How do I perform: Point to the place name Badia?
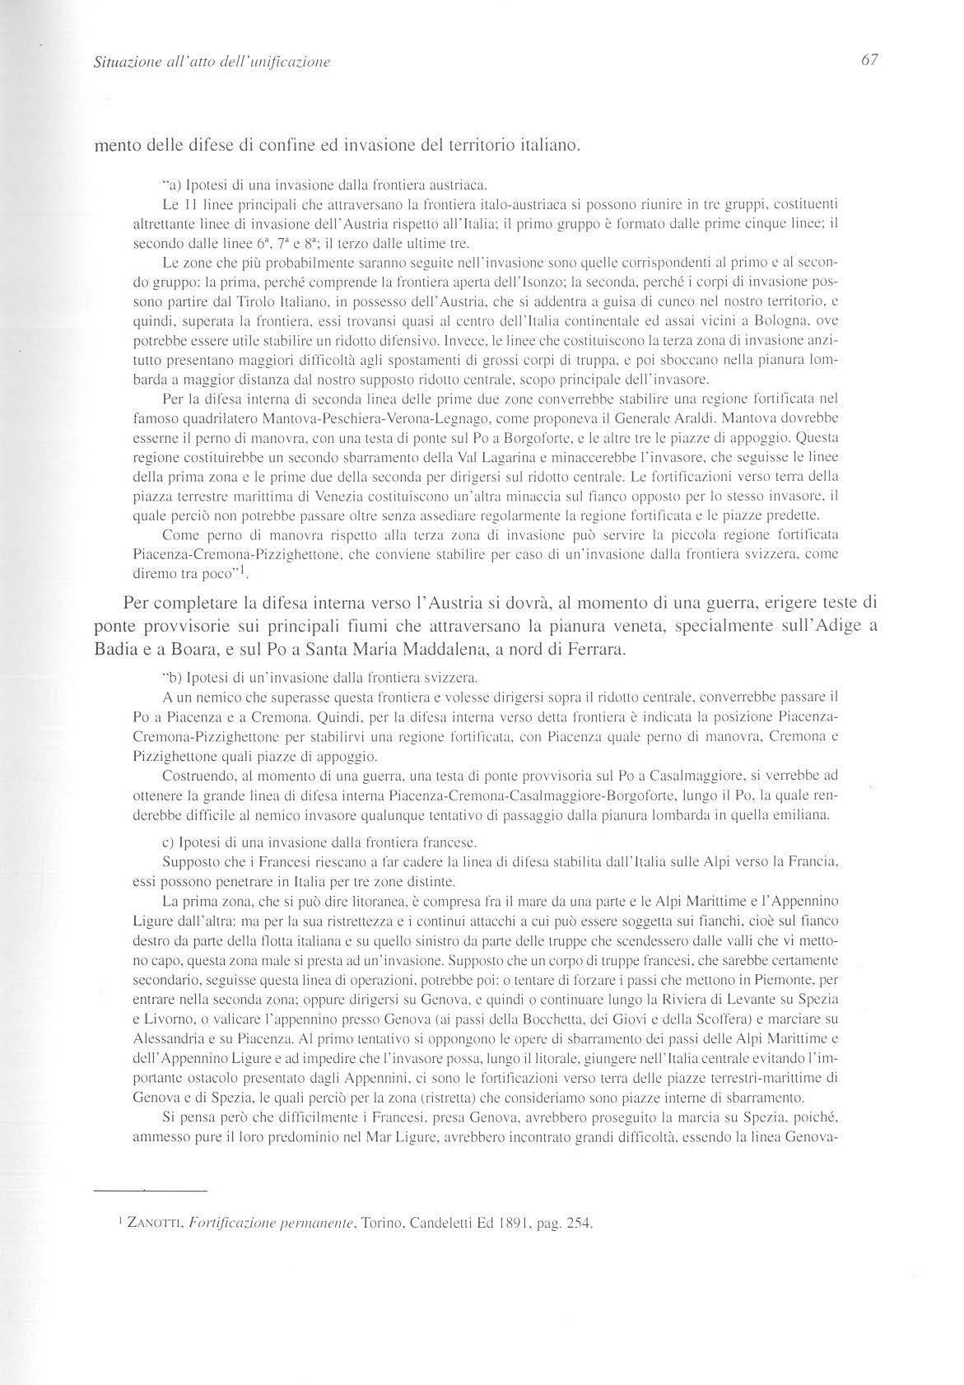pyautogui.click(x=114, y=648)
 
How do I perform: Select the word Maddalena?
pyautogui.click(x=433, y=648)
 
